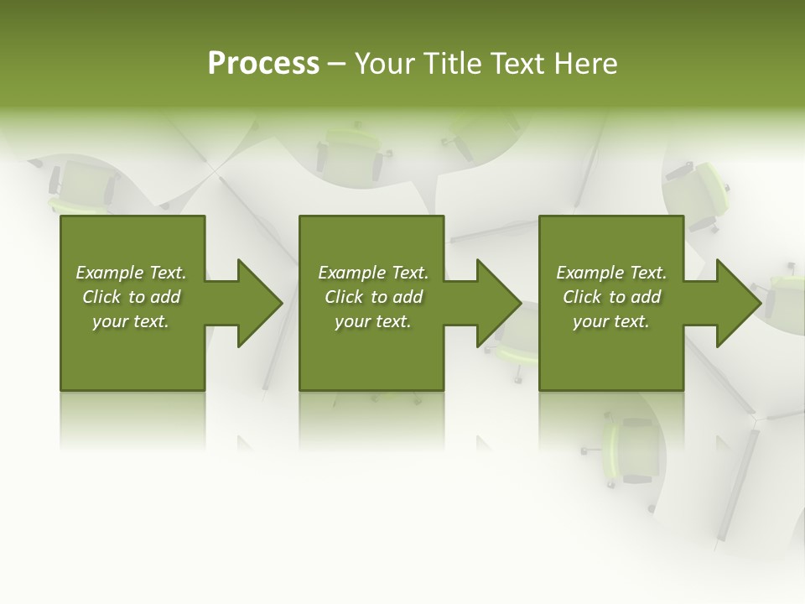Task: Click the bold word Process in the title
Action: (x=263, y=64)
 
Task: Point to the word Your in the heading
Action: (x=385, y=64)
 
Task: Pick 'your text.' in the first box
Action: (x=131, y=321)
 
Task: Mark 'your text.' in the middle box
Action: (x=373, y=321)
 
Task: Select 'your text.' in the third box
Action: (x=611, y=321)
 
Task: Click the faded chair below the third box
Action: (x=628, y=449)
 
